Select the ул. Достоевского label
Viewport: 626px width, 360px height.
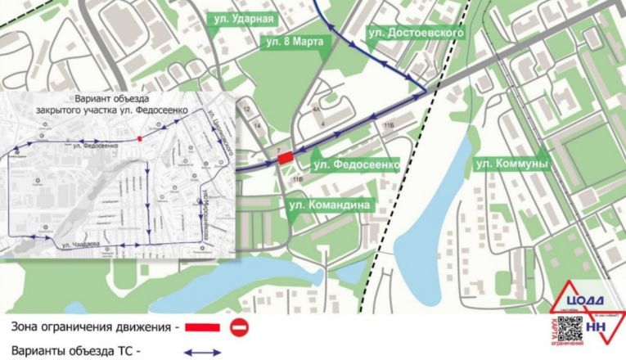416,33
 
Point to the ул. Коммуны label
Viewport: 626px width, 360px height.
511,165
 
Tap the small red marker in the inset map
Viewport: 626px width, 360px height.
141,138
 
